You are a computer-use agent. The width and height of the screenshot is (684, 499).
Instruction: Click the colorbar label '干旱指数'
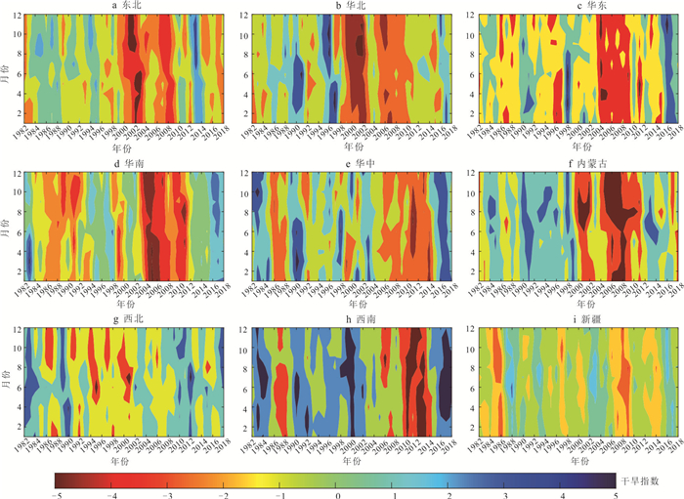[x=641, y=480]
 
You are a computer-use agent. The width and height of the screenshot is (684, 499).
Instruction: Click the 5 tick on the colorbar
[x=616, y=494]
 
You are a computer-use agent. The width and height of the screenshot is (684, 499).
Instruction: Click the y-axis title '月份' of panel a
[x=7, y=68]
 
